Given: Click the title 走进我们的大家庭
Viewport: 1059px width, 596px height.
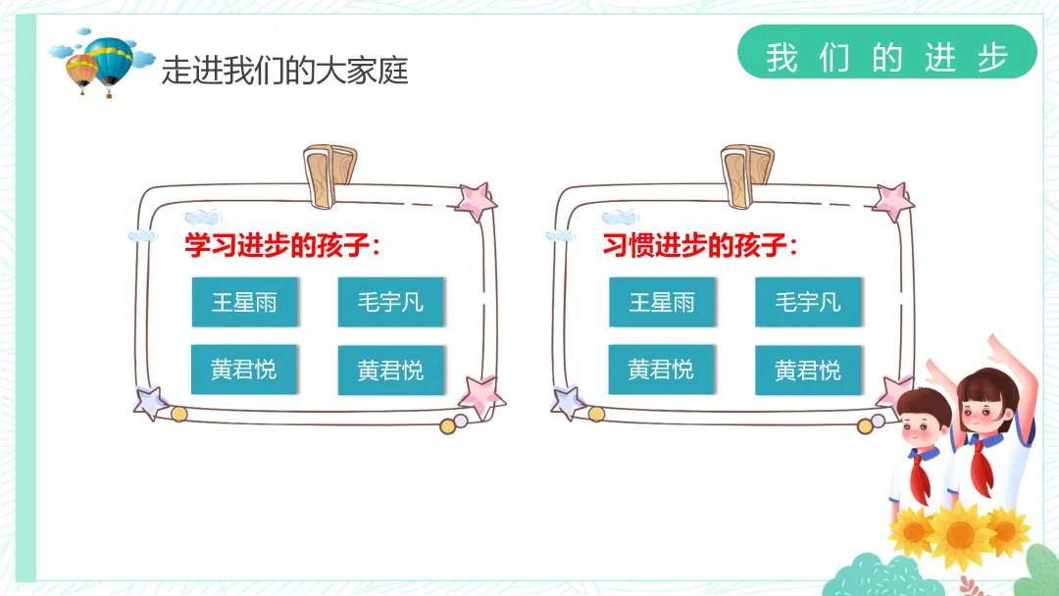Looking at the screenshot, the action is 284,71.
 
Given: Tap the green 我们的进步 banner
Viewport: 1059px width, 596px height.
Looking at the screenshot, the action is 886,57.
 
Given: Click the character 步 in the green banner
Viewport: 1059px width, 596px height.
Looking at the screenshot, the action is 992,58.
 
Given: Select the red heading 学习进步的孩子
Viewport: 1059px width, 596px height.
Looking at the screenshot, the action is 282,245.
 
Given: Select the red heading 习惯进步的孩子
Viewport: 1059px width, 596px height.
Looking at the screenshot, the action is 700,245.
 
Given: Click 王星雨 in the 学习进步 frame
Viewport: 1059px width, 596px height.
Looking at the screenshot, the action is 244,302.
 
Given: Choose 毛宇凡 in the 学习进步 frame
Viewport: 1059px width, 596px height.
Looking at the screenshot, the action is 390,302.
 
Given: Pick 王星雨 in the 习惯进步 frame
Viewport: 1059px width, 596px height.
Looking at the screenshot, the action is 662,302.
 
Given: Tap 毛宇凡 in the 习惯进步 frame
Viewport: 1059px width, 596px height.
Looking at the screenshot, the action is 807,302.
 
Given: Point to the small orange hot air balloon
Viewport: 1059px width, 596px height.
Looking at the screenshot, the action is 82,71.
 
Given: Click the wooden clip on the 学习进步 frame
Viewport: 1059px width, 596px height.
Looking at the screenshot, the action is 330,175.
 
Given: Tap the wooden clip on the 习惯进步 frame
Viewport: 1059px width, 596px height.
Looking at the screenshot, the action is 747,175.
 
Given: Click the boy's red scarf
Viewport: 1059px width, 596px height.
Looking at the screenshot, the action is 921,476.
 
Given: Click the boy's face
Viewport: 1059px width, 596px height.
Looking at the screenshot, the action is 924,422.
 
